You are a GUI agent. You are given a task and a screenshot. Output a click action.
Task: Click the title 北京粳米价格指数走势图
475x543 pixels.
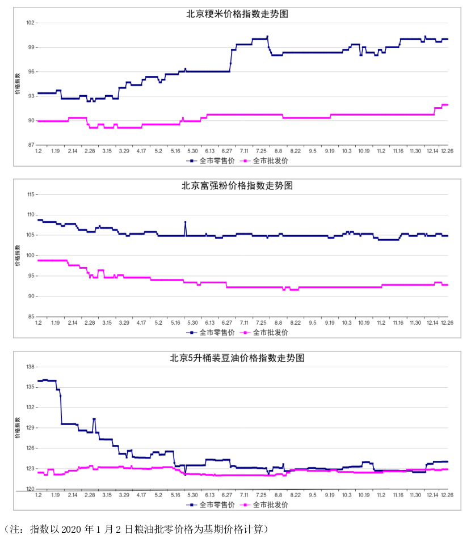point(237,14)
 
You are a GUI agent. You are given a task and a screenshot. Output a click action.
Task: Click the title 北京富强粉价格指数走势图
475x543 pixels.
point(237,185)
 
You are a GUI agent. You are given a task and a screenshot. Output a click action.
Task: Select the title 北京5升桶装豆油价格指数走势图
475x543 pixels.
point(237,358)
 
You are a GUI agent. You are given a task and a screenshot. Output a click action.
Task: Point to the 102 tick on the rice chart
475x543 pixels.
point(30,23)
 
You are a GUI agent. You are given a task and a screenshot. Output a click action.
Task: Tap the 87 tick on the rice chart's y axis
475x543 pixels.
point(31,145)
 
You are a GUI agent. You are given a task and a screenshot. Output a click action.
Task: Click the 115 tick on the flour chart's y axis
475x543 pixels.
point(31,194)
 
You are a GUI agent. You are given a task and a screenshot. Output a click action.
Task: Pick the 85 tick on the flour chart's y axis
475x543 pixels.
point(31,317)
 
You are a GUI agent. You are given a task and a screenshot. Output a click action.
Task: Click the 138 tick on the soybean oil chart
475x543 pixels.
point(31,367)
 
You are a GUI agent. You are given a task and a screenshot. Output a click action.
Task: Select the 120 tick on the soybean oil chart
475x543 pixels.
point(31,489)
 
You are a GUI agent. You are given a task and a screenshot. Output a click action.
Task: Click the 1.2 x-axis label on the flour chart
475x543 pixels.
point(38,323)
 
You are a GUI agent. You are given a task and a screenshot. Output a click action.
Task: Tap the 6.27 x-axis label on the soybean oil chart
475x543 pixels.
point(227,495)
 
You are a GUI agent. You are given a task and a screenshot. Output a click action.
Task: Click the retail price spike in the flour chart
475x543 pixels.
point(185,222)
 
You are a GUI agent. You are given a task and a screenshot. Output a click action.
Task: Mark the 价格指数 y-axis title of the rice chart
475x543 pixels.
point(18,84)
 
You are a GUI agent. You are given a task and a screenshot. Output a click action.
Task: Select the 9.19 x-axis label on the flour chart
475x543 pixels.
point(330,323)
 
